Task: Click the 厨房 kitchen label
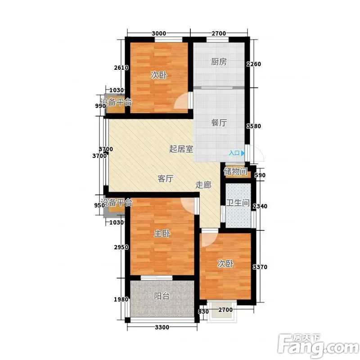pos(219,62)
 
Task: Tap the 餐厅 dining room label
pos(219,122)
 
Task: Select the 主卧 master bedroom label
pos(162,234)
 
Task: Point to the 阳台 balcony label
pos(162,296)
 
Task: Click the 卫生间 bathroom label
pos(238,203)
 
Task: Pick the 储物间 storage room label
pos(235,171)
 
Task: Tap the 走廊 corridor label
pos(203,185)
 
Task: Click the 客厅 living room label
pos(165,178)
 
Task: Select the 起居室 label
pos(181,149)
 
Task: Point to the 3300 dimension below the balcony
pos(162,328)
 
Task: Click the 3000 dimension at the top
pos(159,33)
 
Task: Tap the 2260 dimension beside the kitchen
pos(254,64)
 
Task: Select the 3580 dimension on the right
pos(254,126)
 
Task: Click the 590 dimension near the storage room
pos(260,175)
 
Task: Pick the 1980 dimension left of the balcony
pos(121,299)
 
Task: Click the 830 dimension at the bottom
pos(203,311)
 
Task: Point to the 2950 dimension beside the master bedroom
pos(121,247)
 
